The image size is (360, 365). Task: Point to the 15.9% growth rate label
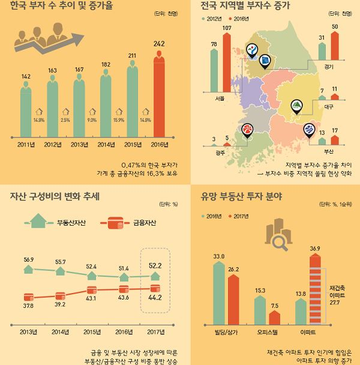pos(119,120)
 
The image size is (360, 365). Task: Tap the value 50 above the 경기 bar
pos(335,26)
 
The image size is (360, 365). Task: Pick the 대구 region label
pos(328,106)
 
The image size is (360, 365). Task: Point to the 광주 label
pos(220,153)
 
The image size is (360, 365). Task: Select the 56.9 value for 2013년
pos(29,259)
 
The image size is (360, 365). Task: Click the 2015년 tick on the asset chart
pos(92,331)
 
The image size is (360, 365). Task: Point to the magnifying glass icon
pos(278,241)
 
